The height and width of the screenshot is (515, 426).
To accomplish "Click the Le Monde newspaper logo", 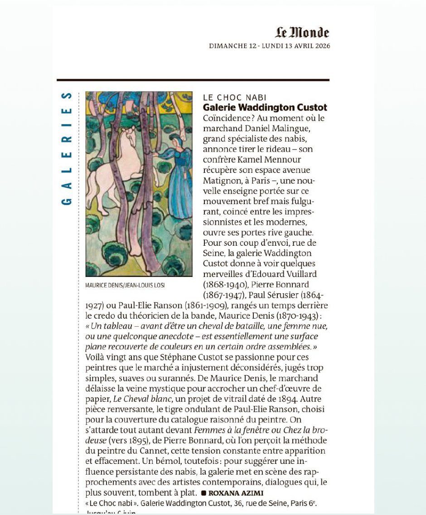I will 302,33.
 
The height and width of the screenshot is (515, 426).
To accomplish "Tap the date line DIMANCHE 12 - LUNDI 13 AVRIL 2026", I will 269,46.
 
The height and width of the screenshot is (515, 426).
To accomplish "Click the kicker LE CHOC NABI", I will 235,98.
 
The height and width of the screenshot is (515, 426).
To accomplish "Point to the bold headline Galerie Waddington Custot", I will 265,108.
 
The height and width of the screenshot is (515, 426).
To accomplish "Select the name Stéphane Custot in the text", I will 174,357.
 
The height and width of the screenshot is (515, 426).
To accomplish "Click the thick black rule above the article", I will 193,80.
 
